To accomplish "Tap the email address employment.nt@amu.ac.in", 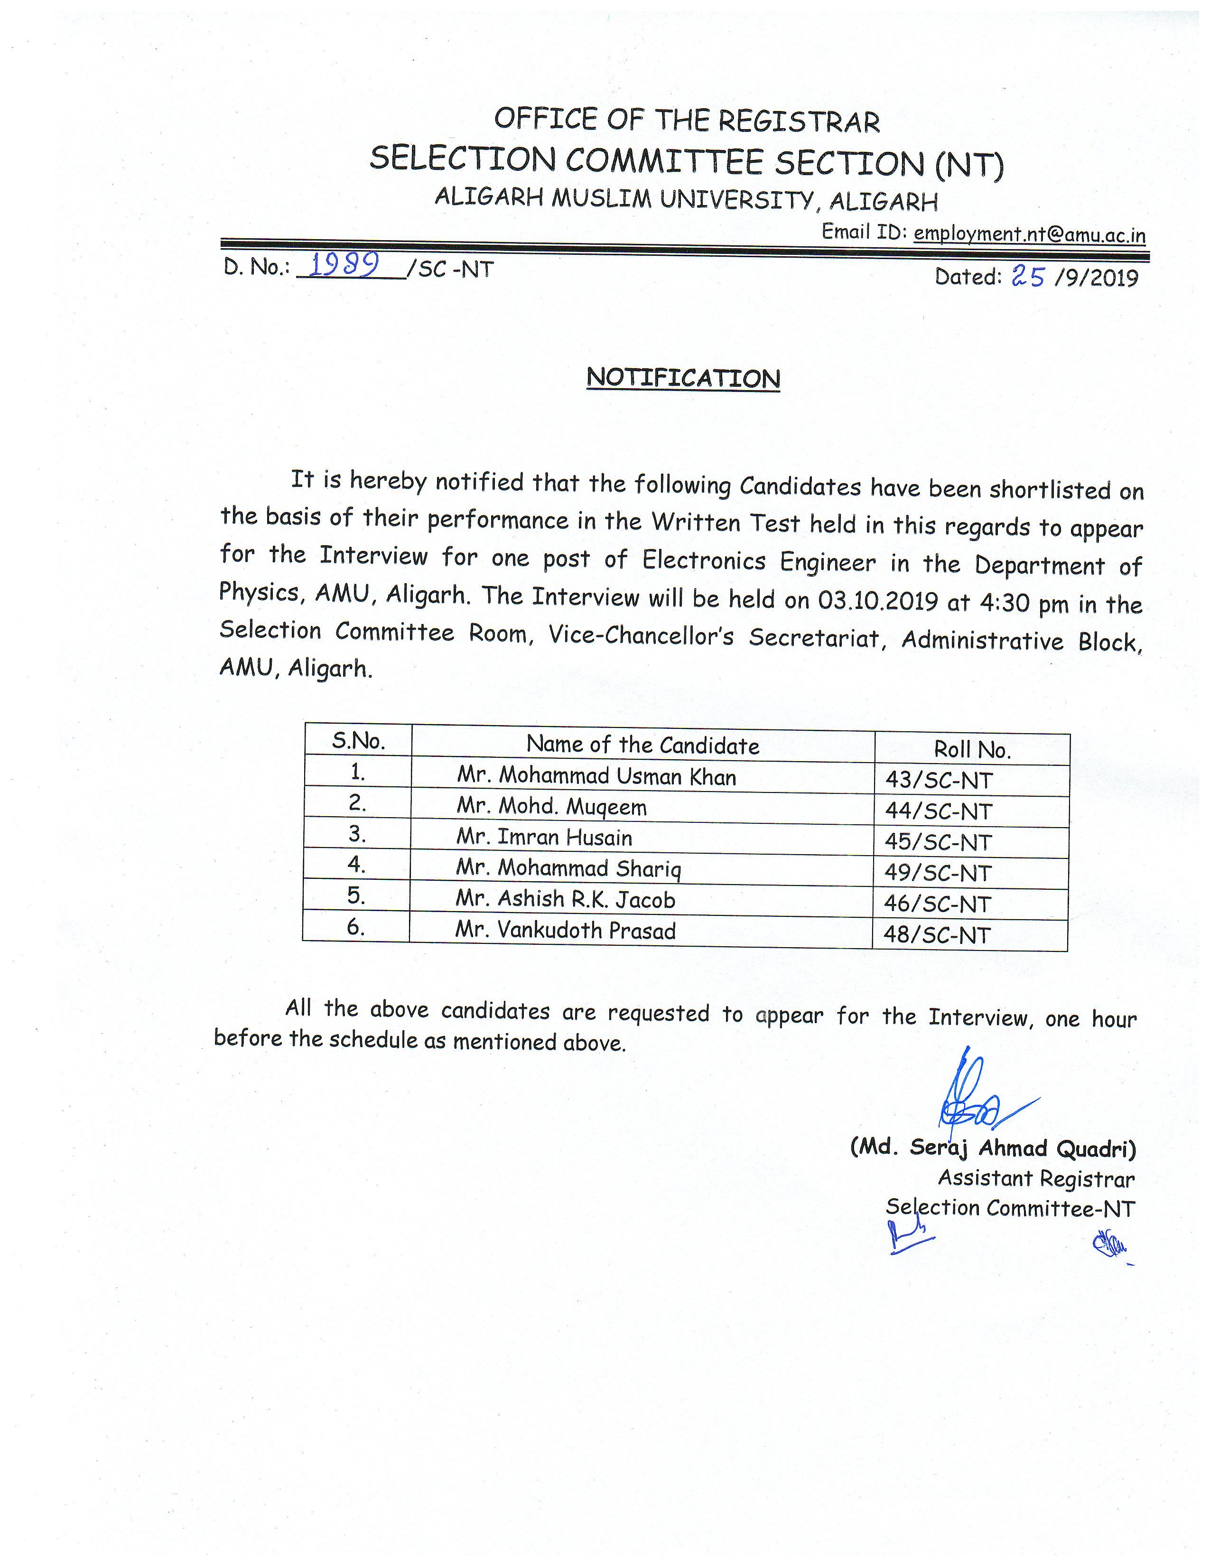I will click(1029, 234).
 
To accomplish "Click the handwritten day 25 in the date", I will click(1027, 276).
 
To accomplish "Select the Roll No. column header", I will click(971, 749).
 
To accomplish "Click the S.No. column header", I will click(358, 741).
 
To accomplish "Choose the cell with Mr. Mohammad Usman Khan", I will click(596, 776).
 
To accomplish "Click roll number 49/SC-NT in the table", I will click(938, 873).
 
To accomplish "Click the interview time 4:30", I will click(1004, 602).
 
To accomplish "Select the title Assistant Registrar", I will click(1036, 1178).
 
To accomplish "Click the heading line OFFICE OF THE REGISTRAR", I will click(686, 121).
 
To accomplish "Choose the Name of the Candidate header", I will click(642, 745).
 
